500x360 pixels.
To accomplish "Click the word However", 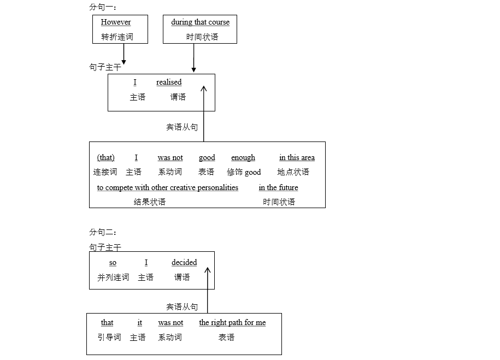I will [x=116, y=22].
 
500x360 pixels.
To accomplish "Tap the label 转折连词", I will [x=117, y=37].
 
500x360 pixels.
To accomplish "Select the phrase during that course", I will [x=200, y=22].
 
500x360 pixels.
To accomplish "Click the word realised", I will [x=169, y=82].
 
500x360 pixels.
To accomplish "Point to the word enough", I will [x=243, y=158].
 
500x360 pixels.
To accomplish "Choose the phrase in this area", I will [x=297, y=158].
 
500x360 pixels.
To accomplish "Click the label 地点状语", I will [x=293, y=172].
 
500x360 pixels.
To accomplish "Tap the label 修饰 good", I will [x=244, y=172].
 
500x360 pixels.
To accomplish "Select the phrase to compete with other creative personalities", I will [x=168, y=188].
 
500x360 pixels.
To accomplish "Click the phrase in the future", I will [x=278, y=188].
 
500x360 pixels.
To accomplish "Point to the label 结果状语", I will [x=150, y=202].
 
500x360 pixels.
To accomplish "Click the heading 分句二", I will [x=102, y=232].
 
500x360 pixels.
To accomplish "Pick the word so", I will [x=113, y=263].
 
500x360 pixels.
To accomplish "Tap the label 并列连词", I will [x=113, y=278].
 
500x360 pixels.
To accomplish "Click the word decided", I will [x=184, y=263].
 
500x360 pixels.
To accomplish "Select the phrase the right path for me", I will [x=232, y=323].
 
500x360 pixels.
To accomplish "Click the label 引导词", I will [x=109, y=338].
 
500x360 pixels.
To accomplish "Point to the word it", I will [x=140, y=323].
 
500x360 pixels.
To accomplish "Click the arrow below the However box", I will [x=124, y=54].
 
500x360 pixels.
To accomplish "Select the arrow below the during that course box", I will [x=193, y=58].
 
